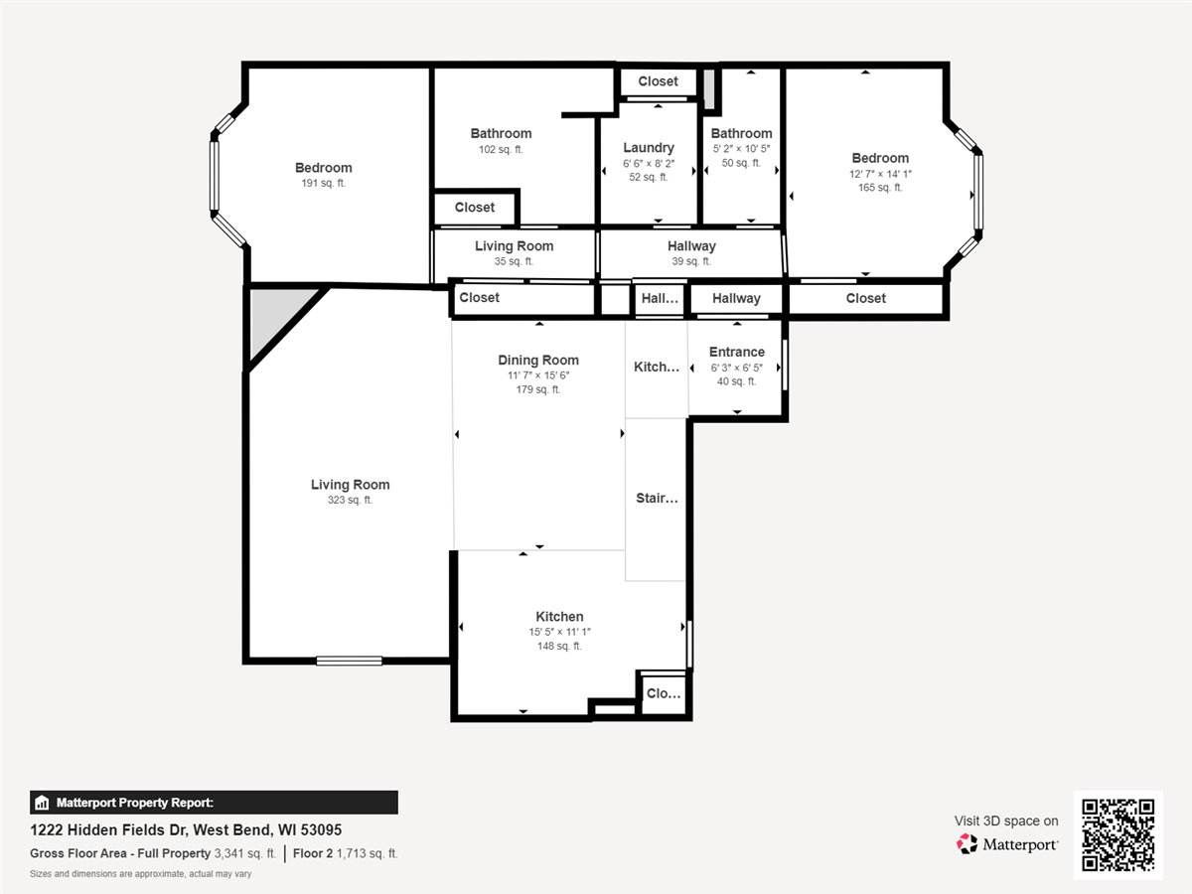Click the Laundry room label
click(x=649, y=148)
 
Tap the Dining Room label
click(x=538, y=360)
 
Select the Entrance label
click(x=736, y=352)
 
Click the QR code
click(x=1117, y=834)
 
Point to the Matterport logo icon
click(x=967, y=844)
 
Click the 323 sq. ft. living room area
click(x=350, y=500)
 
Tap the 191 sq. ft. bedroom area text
click(x=323, y=183)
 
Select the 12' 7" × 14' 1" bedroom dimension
click(x=880, y=174)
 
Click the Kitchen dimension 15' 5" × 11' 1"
click(x=559, y=632)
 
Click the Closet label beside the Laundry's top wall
click(x=658, y=81)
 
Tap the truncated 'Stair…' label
click(x=657, y=499)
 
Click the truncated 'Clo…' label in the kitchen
click(x=664, y=693)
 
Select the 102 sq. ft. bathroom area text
click(x=501, y=149)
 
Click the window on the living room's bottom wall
click(x=350, y=661)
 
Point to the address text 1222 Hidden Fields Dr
click(x=107, y=830)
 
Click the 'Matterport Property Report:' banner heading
click(x=135, y=803)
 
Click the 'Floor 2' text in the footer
click(x=312, y=853)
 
